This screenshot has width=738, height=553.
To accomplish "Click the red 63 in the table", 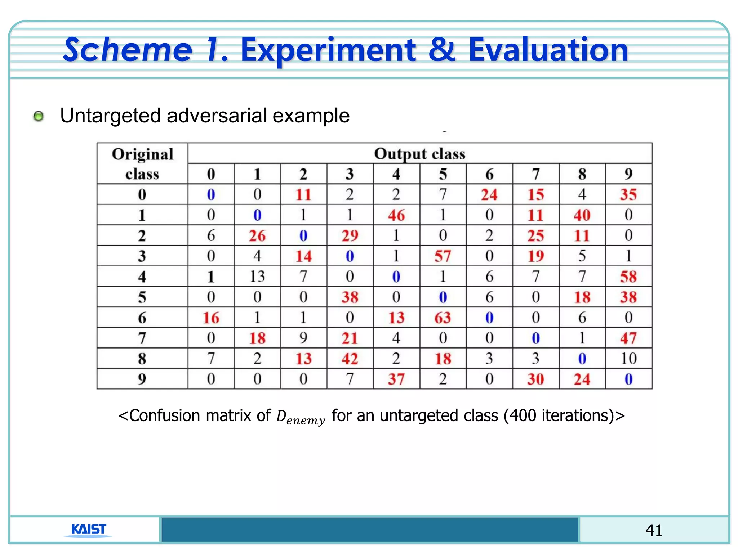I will click(443, 318).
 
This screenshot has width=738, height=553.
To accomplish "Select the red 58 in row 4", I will click(628, 276).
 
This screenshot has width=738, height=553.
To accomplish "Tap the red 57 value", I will click(443, 256).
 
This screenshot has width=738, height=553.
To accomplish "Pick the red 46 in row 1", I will click(396, 215).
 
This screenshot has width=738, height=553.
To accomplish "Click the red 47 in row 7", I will click(628, 338).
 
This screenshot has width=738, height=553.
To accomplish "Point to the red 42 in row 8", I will click(350, 359).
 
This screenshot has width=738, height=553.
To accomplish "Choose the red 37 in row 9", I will click(396, 379).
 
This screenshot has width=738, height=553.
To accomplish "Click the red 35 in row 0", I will click(628, 194).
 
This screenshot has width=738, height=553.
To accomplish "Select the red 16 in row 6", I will click(211, 318).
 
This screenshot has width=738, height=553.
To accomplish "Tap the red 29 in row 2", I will click(350, 235).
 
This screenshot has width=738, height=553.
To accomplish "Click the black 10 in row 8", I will click(628, 359).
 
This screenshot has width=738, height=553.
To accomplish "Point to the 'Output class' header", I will click(419, 154).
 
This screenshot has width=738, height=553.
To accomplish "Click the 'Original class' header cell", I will click(142, 164).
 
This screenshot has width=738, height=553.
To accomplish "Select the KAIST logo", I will click(88, 529).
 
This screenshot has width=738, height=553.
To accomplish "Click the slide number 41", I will click(654, 530).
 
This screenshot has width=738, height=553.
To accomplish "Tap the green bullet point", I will click(38, 116).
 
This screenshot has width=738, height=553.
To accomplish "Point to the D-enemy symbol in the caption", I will click(300, 417).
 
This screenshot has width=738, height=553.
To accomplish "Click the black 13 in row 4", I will click(257, 276).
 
